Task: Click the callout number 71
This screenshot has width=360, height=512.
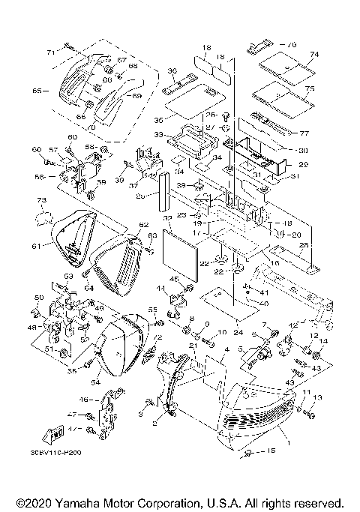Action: (50, 52)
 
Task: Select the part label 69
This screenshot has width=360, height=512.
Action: (136, 97)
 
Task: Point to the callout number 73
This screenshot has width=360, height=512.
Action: (42, 201)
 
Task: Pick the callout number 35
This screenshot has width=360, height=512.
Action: (158, 119)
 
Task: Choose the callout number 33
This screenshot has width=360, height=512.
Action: (159, 134)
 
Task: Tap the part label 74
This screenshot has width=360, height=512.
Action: (313, 55)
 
